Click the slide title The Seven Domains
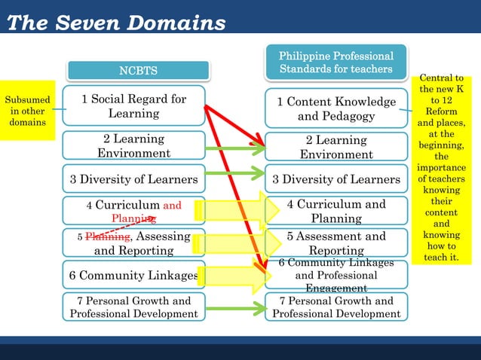click(116, 23)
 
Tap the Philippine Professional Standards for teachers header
click(336, 63)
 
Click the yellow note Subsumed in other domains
click(28, 111)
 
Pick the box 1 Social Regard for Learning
click(133, 106)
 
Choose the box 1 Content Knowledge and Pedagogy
click(336, 108)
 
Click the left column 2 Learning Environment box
click(133, 146)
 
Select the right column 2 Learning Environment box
click(336, 147)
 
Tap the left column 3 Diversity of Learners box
click(133, 179)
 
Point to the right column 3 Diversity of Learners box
click(336, 179)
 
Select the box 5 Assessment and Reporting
click(336, 243)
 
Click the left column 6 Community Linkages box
click(133, 276)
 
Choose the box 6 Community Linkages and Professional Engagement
click(336, 275)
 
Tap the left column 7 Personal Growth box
click(133, 307)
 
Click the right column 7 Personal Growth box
click(336, 307)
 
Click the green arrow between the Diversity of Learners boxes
click(234, 175)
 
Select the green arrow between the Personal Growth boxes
click(234, 308)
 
